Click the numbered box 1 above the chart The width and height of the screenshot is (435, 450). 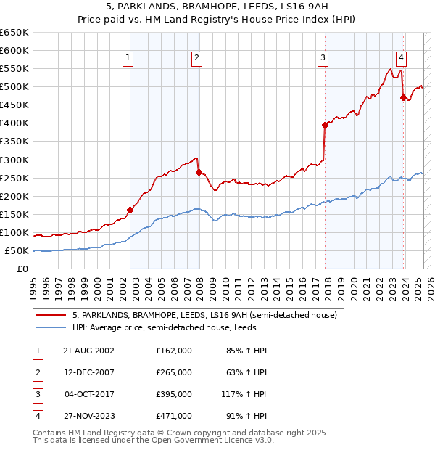[x=128, y=59]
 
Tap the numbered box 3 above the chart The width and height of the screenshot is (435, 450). [x=323, y=59]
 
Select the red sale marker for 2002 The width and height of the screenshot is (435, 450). [x=130, y=210]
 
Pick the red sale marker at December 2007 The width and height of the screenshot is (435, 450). [x=198, y=172]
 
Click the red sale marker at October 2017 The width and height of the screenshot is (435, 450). [x=325, y=125]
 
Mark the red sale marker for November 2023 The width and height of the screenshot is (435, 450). [x=403, y=97]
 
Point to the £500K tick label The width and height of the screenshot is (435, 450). [x=14, y=86]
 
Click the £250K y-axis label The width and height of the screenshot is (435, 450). [x=14, y=178]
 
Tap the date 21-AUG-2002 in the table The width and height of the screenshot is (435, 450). [x=88, y=351]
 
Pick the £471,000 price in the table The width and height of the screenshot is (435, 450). [x=173, y=416]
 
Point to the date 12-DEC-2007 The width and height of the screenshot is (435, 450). [x=88, y=372]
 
